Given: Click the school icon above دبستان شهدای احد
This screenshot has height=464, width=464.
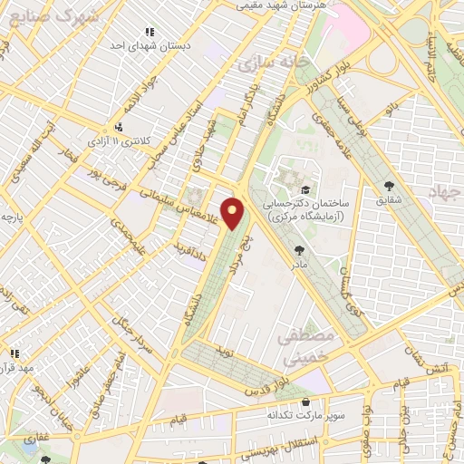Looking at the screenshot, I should [150, 31].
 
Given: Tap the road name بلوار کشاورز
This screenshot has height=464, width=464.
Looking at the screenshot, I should [339, 75].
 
